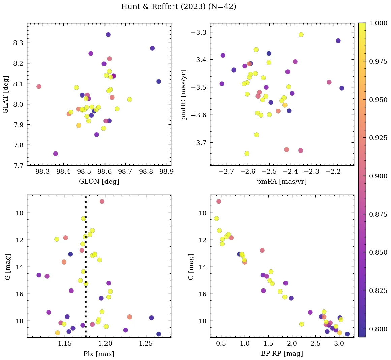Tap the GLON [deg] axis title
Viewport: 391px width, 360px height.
99,182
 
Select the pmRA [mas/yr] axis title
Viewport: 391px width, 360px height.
282,182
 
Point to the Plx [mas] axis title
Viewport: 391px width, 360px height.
99,354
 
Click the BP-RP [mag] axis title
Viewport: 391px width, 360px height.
282,354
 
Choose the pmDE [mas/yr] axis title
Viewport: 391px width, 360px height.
184,94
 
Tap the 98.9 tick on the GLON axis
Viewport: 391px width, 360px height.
167,172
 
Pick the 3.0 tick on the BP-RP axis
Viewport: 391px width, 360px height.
339,344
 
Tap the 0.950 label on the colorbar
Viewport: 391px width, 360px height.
378,100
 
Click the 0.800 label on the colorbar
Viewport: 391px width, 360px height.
378,329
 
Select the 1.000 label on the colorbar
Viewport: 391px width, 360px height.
378,23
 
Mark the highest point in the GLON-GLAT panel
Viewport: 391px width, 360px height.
108,35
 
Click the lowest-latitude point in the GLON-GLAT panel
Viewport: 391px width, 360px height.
56,154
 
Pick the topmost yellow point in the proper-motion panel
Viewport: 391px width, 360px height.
301,35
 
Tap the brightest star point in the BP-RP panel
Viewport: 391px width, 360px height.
219,201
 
